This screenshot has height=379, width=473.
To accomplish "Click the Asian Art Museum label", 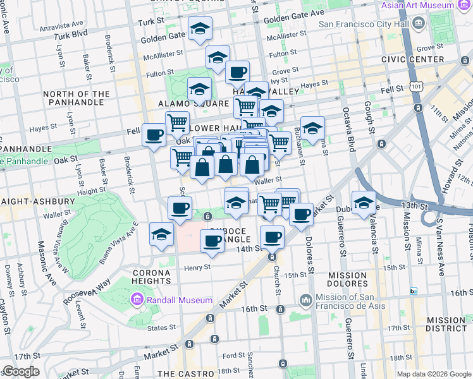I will coord(427,5).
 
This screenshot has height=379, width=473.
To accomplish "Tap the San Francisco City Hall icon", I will coord(418,25).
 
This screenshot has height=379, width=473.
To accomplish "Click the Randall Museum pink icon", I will coord(136,298).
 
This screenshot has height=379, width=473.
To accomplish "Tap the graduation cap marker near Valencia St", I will coord(364,203).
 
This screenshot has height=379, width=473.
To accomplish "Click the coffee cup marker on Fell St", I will coord(154,135).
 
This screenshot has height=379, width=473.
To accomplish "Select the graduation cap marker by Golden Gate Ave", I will coord(200,28).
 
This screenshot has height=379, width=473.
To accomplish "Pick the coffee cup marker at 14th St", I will coord(272,237).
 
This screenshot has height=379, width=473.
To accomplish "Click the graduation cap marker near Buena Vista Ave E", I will coord(162,234).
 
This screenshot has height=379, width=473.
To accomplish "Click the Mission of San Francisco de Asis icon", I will coord(305,298).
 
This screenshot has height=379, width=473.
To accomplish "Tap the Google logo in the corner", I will coord(20,371).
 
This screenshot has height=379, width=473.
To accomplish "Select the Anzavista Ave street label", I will coord(60,28).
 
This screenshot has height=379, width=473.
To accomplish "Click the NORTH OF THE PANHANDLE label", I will coord(73,98).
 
